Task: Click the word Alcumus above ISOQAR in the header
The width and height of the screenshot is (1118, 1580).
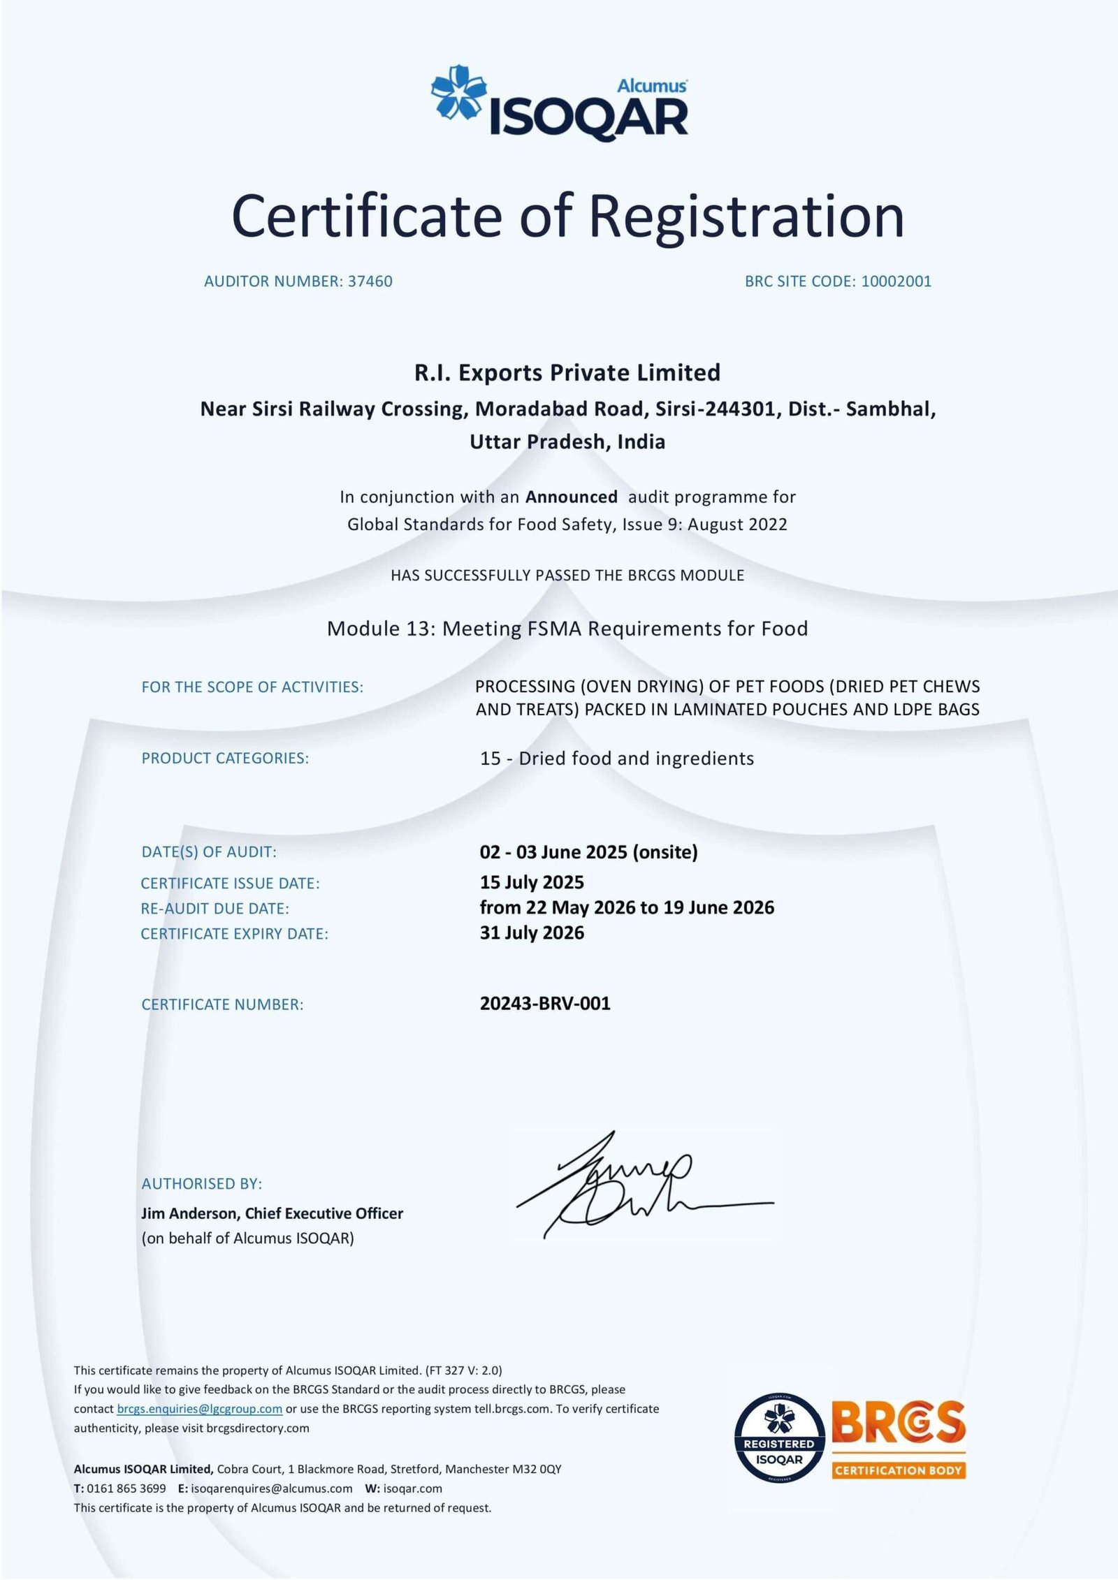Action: coord(651,86)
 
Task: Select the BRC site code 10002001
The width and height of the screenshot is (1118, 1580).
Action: coord(896,281)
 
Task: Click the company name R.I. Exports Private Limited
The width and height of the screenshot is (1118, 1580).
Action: coord(567,372)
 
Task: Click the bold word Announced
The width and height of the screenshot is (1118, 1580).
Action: coord(571,497)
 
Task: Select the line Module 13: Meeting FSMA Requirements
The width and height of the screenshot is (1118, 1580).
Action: coord(567,629)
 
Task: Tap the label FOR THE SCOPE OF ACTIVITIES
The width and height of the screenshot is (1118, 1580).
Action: coord(252,687)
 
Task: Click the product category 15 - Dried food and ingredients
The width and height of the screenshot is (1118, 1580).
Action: coord(616,759)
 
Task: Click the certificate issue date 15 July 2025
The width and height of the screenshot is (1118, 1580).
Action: coord(532,882)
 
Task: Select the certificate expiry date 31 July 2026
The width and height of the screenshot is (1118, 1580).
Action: coord(532,932)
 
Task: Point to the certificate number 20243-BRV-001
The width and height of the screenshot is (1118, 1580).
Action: coord(545,1004)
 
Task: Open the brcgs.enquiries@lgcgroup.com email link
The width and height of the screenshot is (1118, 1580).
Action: coord(199,1409)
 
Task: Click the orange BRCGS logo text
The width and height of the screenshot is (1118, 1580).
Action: coord(898,1424)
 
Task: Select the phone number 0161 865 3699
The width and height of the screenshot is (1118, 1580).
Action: coord(126,1488)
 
